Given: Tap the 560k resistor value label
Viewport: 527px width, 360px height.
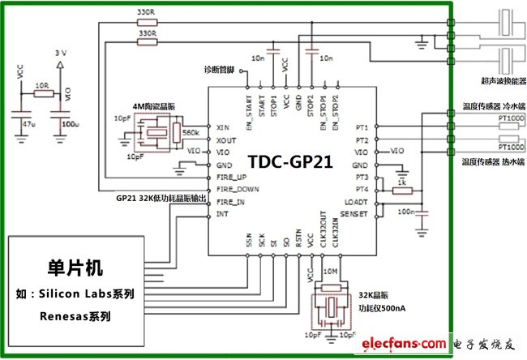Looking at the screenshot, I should tap(192, 133).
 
